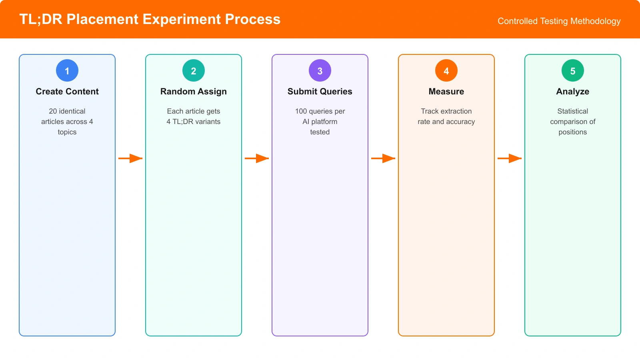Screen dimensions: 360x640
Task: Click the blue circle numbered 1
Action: [x=67, y=70]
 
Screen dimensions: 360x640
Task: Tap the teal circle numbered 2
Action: [x=194, y=70]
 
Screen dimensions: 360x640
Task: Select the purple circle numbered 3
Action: [x=320, y=70]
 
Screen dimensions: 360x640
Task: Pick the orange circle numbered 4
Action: [x=446, y=70]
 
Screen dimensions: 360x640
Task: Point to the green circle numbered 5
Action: [x=573, y=70]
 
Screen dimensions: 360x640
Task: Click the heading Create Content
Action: [x=67, y=92]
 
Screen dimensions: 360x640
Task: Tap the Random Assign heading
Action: [x=194, y=92]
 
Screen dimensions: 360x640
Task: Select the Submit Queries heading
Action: [x=320, y=92]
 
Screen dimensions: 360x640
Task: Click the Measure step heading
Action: [x=446, y=92]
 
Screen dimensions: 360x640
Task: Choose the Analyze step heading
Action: [x=573, y=92]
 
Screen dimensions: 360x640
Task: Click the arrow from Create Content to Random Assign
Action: [x=130, y=158]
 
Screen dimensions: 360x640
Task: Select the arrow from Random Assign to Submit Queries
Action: [x=257, y=158]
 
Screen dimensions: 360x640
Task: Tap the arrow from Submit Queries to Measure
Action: [x=383, y=158]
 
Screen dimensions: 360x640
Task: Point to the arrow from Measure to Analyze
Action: [x=510, y=158]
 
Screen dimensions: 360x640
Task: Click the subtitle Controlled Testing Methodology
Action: [x=559, y=21]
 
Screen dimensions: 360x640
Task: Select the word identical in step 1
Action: [x=72, y=111]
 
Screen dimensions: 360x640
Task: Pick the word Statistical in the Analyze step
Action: [x=573, y=111]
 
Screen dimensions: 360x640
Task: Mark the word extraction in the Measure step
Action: [x=456, y=111]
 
